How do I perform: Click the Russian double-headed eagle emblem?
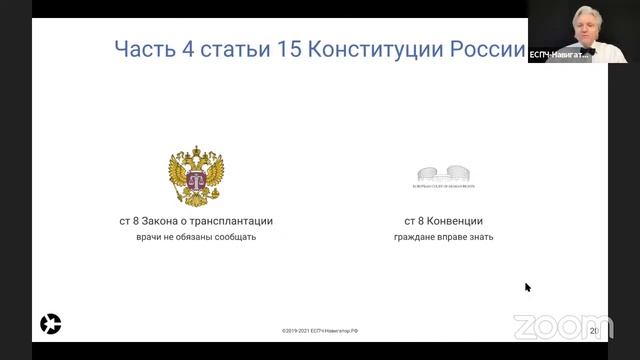pyautogui.click(x=195, y=176)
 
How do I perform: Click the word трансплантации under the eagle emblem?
pyautogui.click(x=227, y=220)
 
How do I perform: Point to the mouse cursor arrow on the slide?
pyautogui.click(x=527, y=287)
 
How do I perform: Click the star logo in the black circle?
pyautogui.click(x=50, y=323)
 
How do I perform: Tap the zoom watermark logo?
pyautogui.click(x=548, y=326)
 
